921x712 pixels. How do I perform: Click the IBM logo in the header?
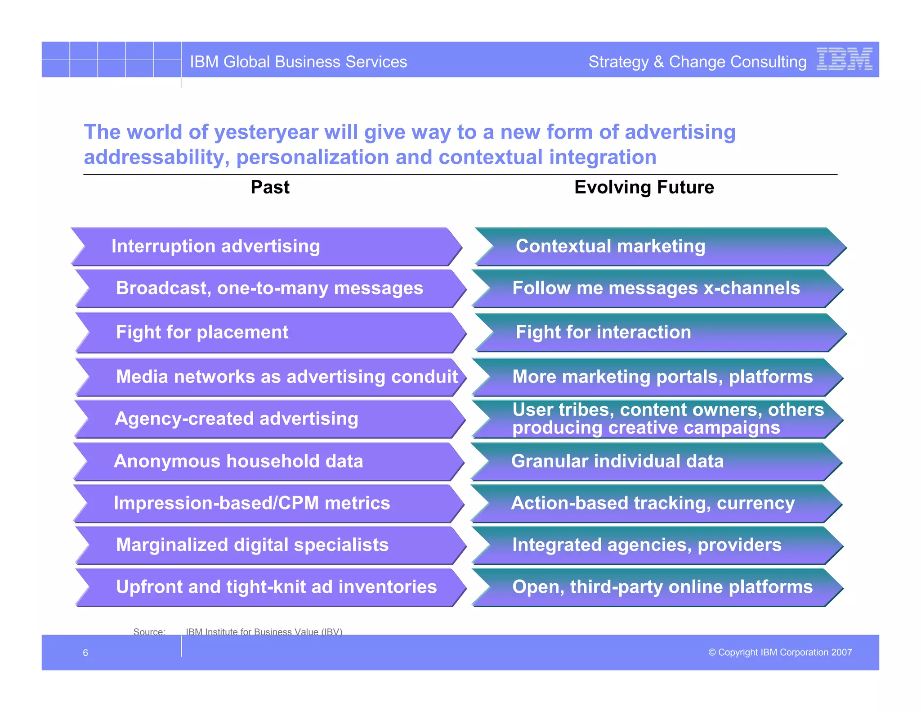pos(844,59)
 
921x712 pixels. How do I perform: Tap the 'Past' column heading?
pos(270,187)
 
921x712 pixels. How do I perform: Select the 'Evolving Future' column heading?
pos(644,187)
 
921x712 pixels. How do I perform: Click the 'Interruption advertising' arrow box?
pos(266,247)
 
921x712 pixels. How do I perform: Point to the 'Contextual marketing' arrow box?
pos(660,247)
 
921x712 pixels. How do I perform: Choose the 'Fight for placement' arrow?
pos(270,333)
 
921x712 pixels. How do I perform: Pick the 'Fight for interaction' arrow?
pos(660,333)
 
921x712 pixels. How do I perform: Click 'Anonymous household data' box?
pos(268,462)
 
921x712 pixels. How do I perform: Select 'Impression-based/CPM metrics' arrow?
pos(268,503)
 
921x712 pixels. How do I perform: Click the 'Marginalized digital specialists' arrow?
pos(270,545)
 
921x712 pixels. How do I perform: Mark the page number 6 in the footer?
pos(85,653)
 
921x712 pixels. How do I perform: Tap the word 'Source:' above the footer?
pos(149,631)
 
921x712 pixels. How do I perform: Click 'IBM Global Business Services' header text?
pos(298,62)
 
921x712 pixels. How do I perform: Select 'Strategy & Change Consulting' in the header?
pos(697,62)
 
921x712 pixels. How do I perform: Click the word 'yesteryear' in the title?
pos(266,132)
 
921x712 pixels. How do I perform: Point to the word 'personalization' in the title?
pos(312,158)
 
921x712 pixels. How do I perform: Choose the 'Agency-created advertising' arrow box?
pos(269,419)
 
